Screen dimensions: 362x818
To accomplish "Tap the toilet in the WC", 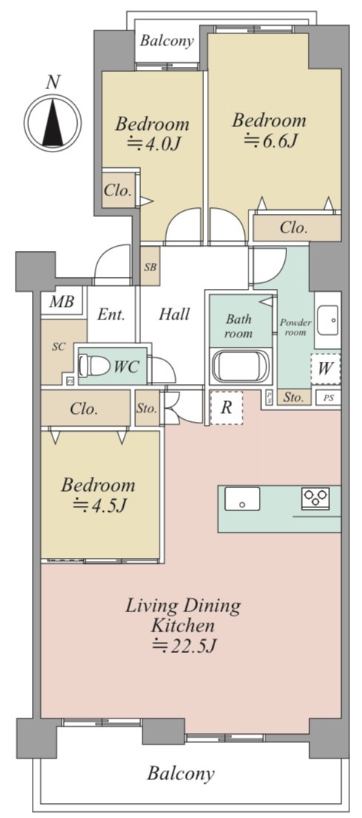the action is coord(93,366).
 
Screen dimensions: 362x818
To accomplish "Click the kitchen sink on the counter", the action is coord(242,499).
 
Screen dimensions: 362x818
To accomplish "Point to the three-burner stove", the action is coord(315,497).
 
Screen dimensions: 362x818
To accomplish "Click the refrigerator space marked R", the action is coord(226,407).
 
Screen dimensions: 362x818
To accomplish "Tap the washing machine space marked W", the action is coord(326,369).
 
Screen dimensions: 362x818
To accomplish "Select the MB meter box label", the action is coord(62,302).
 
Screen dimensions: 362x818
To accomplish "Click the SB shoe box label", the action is coord(150,267).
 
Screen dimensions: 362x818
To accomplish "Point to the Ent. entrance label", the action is coord(111,314).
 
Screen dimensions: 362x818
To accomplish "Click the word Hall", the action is coord(174,314).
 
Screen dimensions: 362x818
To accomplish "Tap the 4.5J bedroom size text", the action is coord(99,504).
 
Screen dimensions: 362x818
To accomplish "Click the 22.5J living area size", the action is coord(183,646).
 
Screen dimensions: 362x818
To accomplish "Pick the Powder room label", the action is coord(295,327).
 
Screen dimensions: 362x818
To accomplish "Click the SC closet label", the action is coord(59,346).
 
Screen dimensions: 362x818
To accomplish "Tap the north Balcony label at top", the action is coord(167,40).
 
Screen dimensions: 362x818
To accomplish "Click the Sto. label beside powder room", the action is coord(294,397).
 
